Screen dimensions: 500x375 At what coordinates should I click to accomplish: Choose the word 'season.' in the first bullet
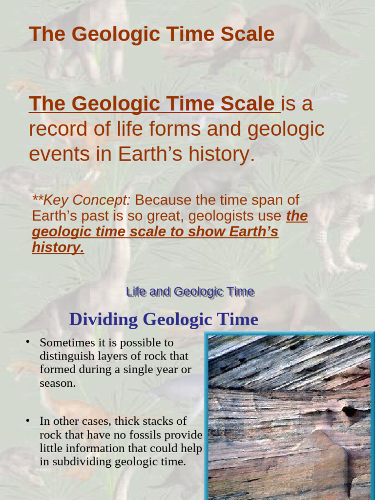[x=57, y=383]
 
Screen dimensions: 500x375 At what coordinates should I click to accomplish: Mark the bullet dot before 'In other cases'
[x=28, y=420]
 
